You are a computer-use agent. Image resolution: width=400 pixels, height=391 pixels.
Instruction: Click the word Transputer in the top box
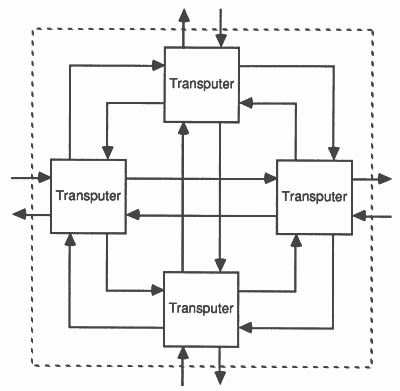click(203, 82)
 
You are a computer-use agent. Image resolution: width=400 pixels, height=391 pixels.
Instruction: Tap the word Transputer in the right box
click(313, 195)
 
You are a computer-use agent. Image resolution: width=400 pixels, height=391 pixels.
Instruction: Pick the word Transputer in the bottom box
click(203, 306)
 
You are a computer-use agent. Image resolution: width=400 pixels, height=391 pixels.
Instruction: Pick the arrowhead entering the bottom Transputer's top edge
click(220, 266)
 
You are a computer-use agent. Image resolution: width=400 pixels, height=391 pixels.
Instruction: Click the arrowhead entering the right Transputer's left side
click(271, 179)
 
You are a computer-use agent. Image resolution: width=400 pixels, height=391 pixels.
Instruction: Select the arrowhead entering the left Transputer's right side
click(132, 214)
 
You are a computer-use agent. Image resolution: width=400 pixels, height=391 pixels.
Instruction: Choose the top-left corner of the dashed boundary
click(35, 28)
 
